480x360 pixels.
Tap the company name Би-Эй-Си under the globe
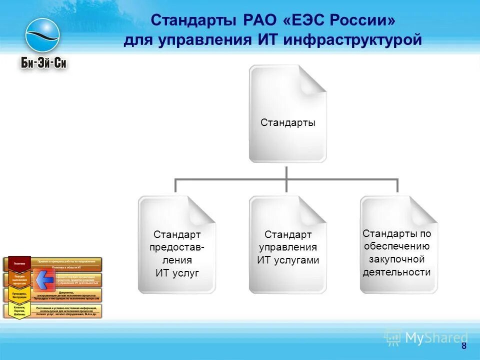tap(43, 63)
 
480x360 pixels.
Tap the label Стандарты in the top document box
tap(287, 122)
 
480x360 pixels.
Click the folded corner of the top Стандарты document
tap(313, 79)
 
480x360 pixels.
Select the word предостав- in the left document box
tap(176, 247)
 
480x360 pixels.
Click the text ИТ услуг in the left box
tap(176, 273)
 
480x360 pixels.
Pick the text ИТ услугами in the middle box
tap(287, 260)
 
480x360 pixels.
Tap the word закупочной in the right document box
tap(396, 259)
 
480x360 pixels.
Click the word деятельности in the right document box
tap(396, 272)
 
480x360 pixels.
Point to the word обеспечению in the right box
tap(396, 246)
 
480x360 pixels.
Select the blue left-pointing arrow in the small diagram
tap(45, 280)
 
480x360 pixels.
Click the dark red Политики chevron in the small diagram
tap(19, 263)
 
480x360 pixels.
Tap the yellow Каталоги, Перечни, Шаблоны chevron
tap(19, 310)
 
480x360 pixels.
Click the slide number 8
tap(463, 346)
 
